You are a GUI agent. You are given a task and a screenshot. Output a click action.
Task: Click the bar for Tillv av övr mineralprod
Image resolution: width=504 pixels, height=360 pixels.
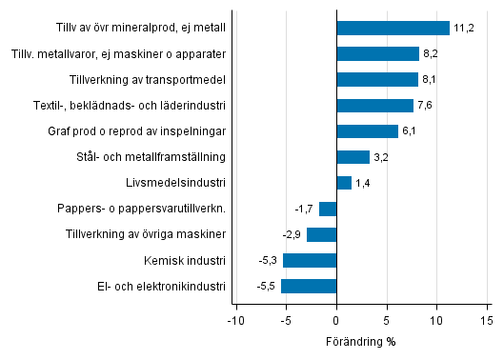coord(393,29)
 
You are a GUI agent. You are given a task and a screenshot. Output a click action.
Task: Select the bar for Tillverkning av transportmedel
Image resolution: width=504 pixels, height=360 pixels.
coord(377,80)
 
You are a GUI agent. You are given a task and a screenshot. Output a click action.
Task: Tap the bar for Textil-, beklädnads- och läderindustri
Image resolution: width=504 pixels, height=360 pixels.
coord(374,106)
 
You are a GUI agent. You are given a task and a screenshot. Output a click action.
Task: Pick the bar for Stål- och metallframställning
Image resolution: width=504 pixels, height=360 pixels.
coord(353,157)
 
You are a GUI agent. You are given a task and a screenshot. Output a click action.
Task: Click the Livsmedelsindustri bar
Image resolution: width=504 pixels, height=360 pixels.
coord(344,183)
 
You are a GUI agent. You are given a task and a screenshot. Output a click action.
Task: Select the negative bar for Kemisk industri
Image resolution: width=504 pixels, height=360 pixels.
coord(310,260)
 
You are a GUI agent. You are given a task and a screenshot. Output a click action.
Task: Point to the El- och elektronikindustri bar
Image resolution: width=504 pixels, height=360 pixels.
coord(309,286)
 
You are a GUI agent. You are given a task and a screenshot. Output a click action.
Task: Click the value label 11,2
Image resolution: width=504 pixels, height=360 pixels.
coord(464,29)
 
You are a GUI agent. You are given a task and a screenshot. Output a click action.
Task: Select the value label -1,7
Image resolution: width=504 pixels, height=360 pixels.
coord(305,209)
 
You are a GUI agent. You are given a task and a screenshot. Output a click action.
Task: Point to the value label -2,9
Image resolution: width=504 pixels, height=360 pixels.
coord(292,234)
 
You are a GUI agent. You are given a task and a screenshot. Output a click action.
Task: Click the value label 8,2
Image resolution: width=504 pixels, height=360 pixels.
coord(433,54)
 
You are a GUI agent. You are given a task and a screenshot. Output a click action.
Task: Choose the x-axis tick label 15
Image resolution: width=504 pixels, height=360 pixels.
coord(486,321)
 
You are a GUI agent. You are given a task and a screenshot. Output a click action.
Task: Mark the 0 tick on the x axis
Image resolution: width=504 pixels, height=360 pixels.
coord(336,321)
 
